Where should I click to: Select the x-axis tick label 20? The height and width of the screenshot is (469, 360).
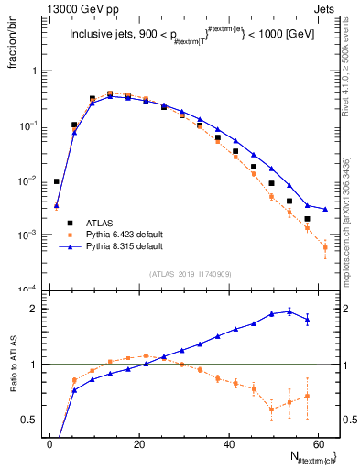138,444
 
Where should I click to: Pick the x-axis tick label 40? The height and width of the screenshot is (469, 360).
228,444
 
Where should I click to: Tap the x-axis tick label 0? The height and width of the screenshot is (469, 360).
49,444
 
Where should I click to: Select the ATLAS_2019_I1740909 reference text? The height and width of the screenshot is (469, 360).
190,274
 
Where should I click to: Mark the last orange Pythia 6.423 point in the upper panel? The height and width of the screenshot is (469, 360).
325,247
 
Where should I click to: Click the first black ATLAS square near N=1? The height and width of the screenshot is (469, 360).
57,181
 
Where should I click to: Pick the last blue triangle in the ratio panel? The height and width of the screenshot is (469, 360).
307,320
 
